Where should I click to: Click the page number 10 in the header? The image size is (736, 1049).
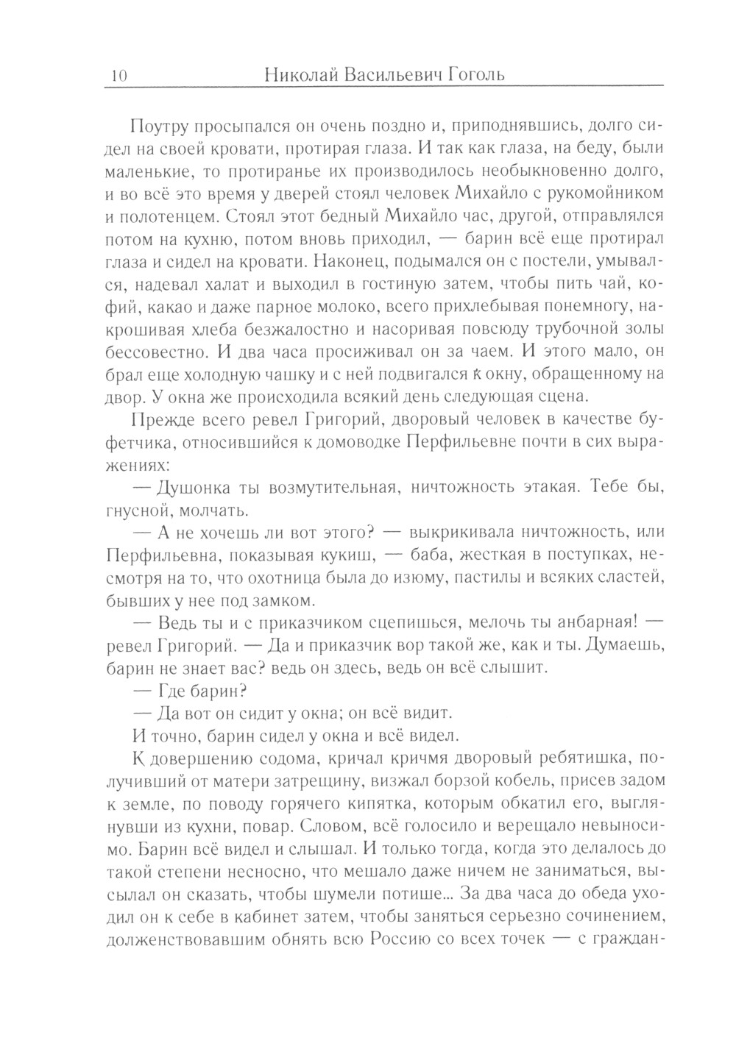point(118,76)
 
